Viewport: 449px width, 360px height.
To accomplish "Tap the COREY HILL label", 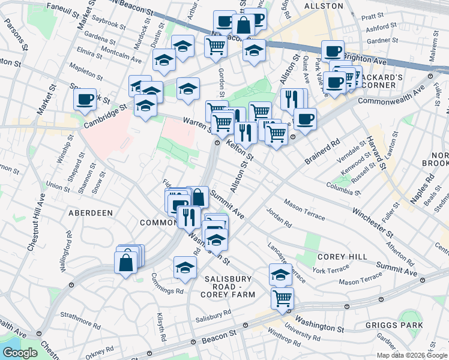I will pyautogui.click(x=342, y=256).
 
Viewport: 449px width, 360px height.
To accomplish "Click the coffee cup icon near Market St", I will pyautogui.click(x=85, y=99).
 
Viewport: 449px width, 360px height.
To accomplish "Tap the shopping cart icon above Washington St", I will pyautogui.click(x=282, y=298).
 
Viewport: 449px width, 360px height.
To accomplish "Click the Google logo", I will pyautogui.click(x=20, y=353).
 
